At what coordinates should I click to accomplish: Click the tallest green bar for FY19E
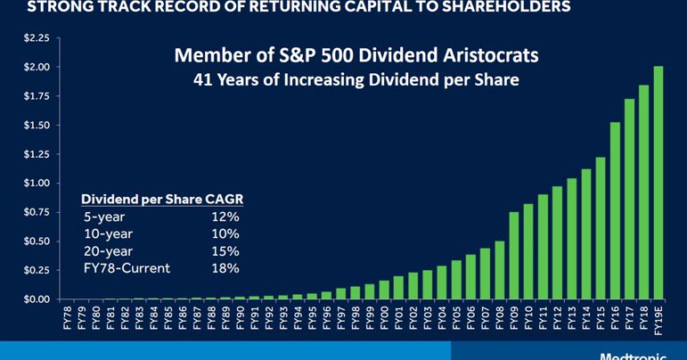pyautogui.click(x=658, y=183)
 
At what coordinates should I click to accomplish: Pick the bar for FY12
pyautogui.click(x=557, y=242)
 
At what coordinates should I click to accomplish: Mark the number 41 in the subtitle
pyautogui.click(x=204, y=79)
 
